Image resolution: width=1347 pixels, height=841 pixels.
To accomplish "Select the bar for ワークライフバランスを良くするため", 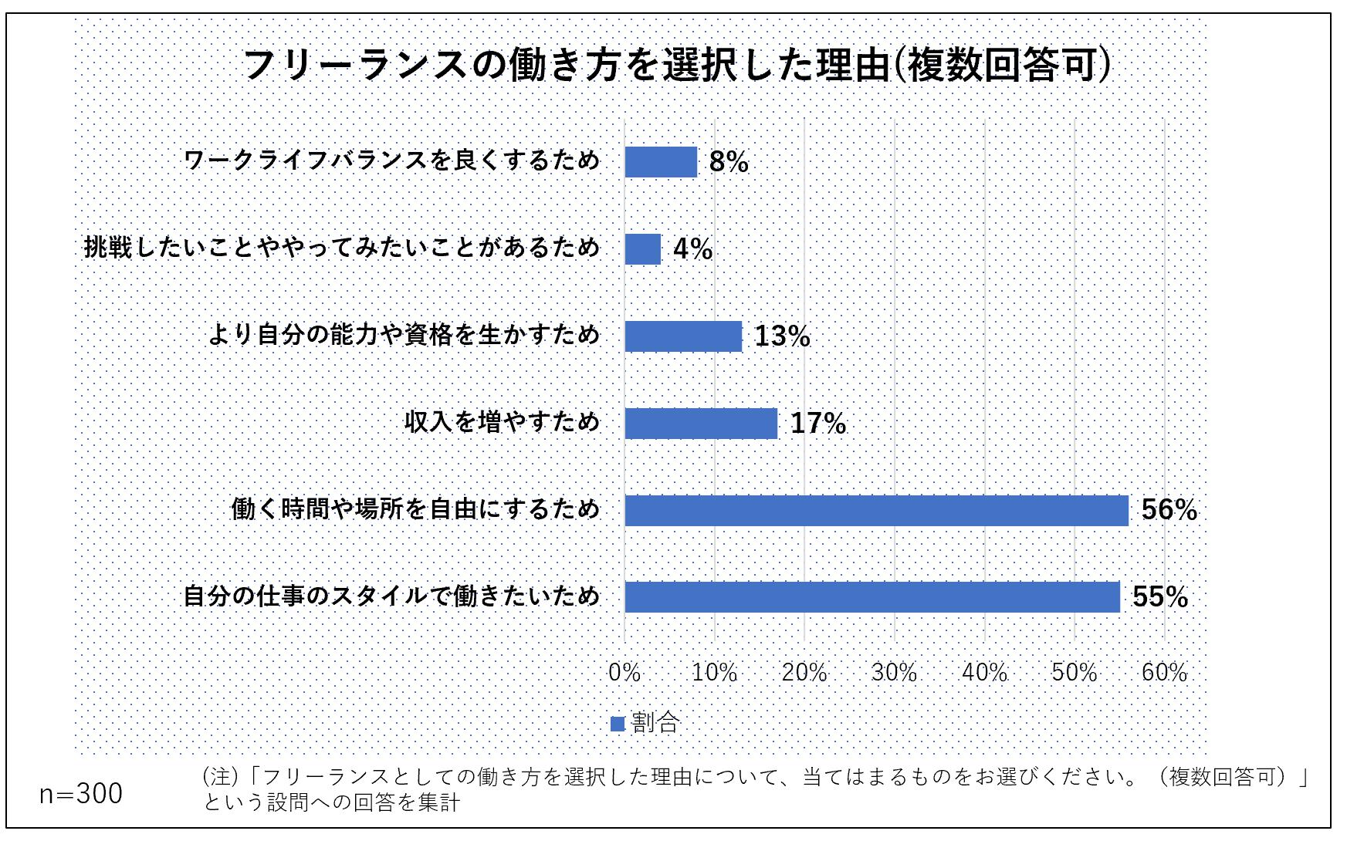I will (661, 162).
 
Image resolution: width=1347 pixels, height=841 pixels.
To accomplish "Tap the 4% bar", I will (643, 249).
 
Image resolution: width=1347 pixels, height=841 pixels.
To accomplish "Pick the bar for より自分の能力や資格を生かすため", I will (683, 336).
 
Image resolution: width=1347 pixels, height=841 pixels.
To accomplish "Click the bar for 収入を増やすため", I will (701, 424).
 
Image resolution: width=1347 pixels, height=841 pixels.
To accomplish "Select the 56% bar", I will (876, 510).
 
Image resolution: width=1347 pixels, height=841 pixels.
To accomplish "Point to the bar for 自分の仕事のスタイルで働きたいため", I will (872, 597).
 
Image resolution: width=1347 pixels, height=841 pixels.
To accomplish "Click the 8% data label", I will (729, 162).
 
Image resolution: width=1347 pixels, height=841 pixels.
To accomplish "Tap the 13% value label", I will (782, 336).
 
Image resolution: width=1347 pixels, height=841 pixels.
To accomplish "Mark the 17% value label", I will (818, 424).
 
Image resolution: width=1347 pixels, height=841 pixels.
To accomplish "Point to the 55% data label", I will (1160, 597).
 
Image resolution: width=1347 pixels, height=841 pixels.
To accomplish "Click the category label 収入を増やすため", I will (502, 422).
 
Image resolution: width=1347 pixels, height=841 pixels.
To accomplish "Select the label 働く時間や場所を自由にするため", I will (415, 509).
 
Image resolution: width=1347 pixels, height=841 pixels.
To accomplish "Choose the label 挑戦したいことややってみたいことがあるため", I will (341, 248).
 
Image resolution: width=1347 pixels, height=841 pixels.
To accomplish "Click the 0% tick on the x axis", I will (624, 673).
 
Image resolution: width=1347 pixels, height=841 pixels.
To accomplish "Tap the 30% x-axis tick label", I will (894, 673).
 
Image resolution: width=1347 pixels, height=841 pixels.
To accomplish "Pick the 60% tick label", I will (1164, 673).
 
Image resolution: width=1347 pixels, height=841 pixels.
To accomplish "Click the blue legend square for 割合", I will (618, 724).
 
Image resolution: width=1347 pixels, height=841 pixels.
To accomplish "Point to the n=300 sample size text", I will (81, 794).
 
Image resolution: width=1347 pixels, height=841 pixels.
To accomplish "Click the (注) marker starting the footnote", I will (219, 776).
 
